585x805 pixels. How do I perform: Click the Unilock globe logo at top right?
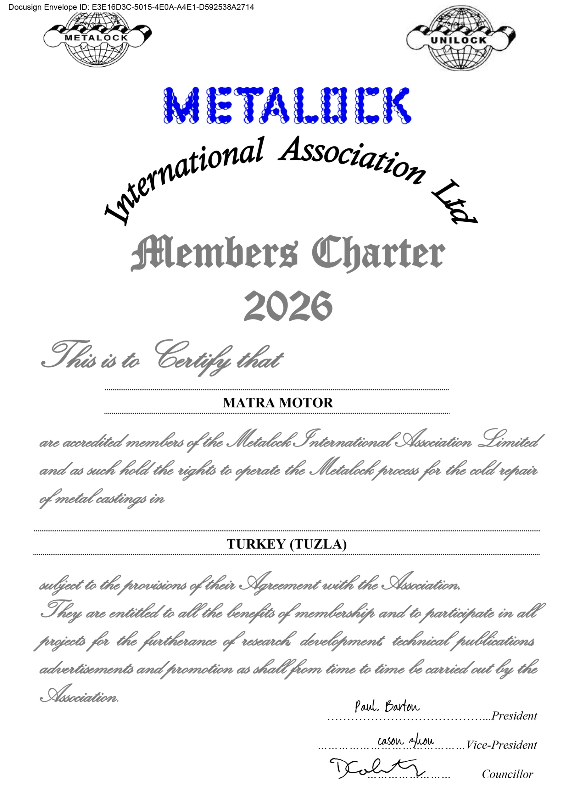(460, 39)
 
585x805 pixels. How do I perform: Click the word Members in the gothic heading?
(214, 253)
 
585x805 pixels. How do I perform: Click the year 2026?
(288, 306)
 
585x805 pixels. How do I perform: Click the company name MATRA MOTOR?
(278, 402)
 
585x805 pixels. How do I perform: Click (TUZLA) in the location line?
(318, 544)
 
